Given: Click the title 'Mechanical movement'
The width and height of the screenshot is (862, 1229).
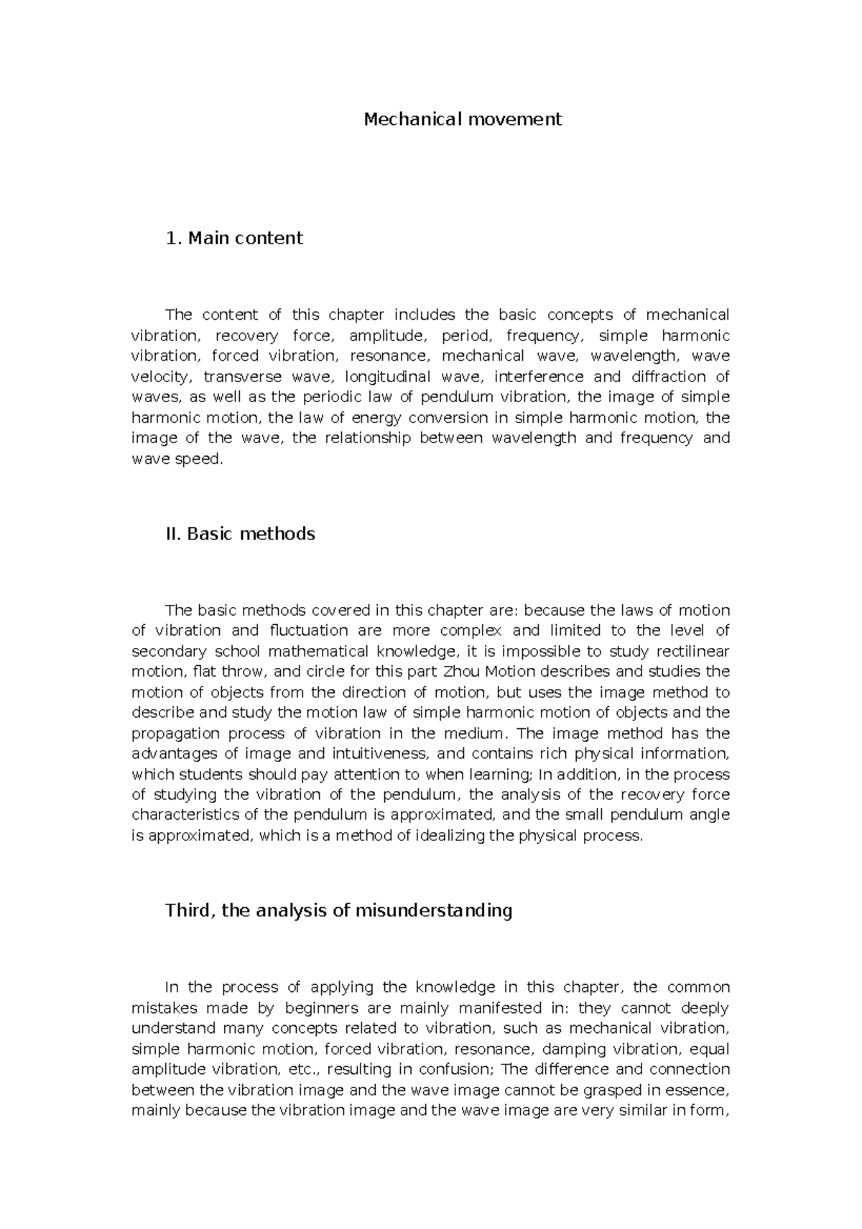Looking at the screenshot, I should [462, 119].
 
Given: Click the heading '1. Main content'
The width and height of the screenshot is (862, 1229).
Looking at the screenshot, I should [233, 238].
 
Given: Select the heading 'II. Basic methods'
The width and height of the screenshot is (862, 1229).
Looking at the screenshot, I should [240, 534].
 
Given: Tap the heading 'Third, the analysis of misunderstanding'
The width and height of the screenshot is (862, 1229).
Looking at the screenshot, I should [338, 911].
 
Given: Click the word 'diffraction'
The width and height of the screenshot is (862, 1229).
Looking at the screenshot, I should [668, 376].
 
